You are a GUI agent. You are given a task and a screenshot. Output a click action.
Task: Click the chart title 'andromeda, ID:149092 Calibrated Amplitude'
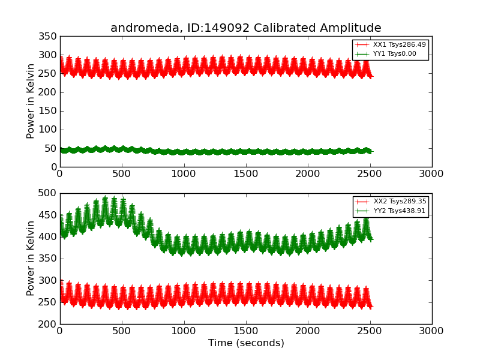[x=245, y=28]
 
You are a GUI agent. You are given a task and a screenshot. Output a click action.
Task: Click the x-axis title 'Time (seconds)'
[x=246, y=343]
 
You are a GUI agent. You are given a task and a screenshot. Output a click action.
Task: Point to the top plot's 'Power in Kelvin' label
[x=31, y=101]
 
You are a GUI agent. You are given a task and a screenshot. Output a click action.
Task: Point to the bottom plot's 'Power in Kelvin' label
[x=31, y=259]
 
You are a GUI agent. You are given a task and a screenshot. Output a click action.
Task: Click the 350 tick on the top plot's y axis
[x=49, y=37]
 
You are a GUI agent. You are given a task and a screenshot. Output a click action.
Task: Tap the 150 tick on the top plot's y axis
[x=49, y=111]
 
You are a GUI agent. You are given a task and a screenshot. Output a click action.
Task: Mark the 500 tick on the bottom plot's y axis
[x=49, y=193]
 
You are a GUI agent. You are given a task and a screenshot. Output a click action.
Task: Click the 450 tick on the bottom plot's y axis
[x=49, y=215]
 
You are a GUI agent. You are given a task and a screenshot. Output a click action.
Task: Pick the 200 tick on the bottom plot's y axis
[x=49, y=325]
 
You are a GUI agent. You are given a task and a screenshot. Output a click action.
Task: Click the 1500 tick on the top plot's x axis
[x=245, y=174]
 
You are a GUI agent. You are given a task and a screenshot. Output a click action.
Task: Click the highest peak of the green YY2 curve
[x=105, y=197]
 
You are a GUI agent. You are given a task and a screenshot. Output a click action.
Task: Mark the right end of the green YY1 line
[x=371, y=151]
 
